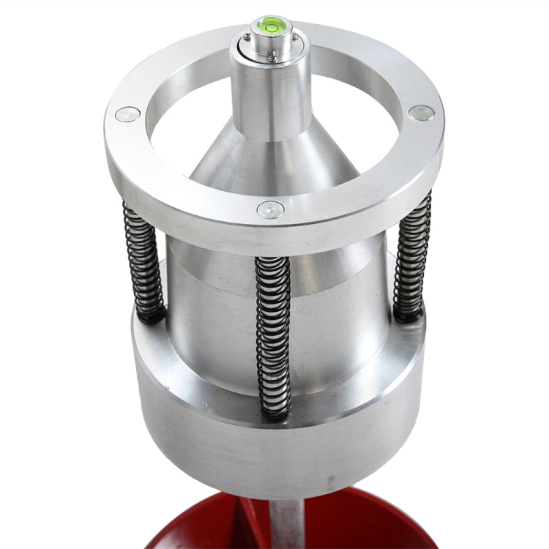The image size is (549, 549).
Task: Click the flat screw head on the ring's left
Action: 128,114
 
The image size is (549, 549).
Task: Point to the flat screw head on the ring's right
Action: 421,113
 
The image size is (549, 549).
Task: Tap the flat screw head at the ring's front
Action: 270,210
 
